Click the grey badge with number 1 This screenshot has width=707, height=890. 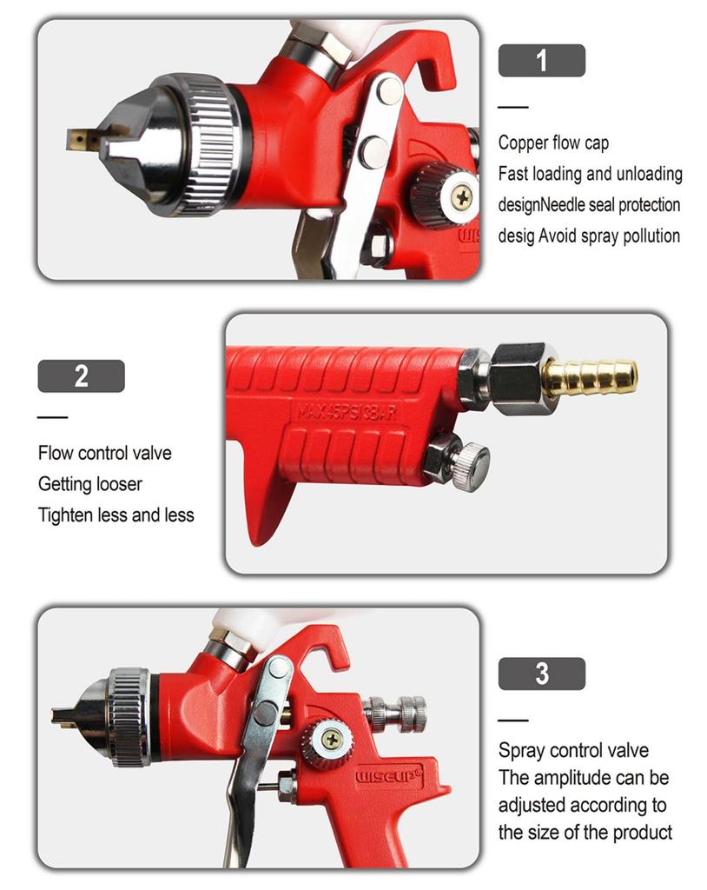[541, 60]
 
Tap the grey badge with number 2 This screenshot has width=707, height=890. [81, 375]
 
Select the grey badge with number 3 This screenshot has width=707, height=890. [541, 674]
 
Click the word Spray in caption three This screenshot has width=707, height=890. [522, 750]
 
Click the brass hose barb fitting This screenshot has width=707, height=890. [590, 377]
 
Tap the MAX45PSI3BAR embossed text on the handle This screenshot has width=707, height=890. [347, 411]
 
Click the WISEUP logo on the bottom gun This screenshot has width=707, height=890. [389, 775]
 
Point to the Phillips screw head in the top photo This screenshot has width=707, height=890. [463, 197]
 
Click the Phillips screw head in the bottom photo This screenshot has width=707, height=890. [331, 740]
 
